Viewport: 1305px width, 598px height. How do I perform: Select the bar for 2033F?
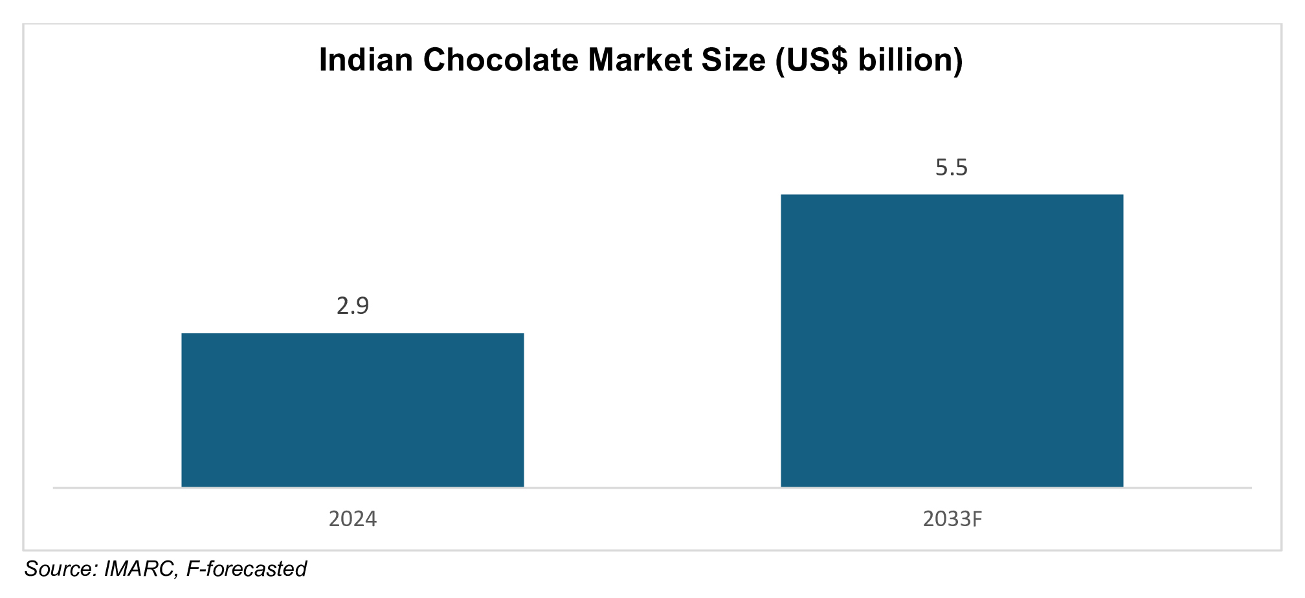point(952,340)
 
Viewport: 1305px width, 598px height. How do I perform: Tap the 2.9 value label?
point(352,305)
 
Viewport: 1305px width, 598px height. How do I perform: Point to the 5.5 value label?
point(952,168)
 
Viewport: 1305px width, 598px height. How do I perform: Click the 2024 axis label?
point(352,519)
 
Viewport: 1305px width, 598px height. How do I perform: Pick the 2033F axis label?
point(952,519)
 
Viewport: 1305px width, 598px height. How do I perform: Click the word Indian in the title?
point(366,60)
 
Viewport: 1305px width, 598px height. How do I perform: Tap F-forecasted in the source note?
point(246,569)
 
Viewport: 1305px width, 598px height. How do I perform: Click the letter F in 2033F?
point(976,519)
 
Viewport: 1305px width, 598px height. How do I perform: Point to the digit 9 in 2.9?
point(362,305)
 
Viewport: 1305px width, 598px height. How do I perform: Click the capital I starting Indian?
point(324,60)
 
